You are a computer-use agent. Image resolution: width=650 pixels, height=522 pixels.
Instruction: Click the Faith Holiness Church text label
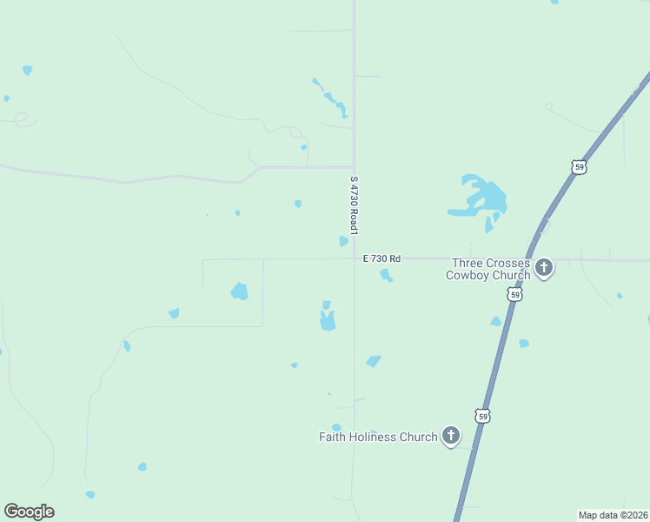(x=378, y=437)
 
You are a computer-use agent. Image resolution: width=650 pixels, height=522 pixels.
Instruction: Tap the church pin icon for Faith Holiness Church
(x=450, y=436)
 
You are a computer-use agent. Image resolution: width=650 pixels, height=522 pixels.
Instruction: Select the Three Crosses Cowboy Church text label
(x=489, y=269)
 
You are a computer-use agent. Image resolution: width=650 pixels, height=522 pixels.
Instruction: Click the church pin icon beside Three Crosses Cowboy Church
(x=544, y=267)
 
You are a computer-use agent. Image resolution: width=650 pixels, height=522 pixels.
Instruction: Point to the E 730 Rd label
(x=382, y=258)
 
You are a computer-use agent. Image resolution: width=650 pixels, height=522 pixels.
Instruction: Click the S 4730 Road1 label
(x=354, y=205)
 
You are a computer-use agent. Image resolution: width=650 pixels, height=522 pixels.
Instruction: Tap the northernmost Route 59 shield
(x=580, y=166)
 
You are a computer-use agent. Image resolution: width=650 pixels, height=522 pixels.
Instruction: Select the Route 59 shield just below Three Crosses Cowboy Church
(x=515, y=296)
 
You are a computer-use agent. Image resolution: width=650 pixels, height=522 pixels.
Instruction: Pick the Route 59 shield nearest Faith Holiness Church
(x=483, y=416)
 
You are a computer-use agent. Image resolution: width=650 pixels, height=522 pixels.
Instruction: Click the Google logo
(x=29, y=512)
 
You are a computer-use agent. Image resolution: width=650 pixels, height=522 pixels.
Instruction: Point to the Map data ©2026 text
(x=613, y=515)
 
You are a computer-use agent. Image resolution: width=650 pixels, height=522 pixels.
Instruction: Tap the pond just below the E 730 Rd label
(x=386, y=276)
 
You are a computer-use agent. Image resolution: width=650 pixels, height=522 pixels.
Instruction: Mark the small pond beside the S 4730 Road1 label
(x=344, y=241)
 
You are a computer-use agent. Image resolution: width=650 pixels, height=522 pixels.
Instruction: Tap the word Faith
(x=333, y=437)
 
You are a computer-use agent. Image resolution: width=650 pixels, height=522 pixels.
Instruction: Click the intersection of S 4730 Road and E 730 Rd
(x=354, y=258)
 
